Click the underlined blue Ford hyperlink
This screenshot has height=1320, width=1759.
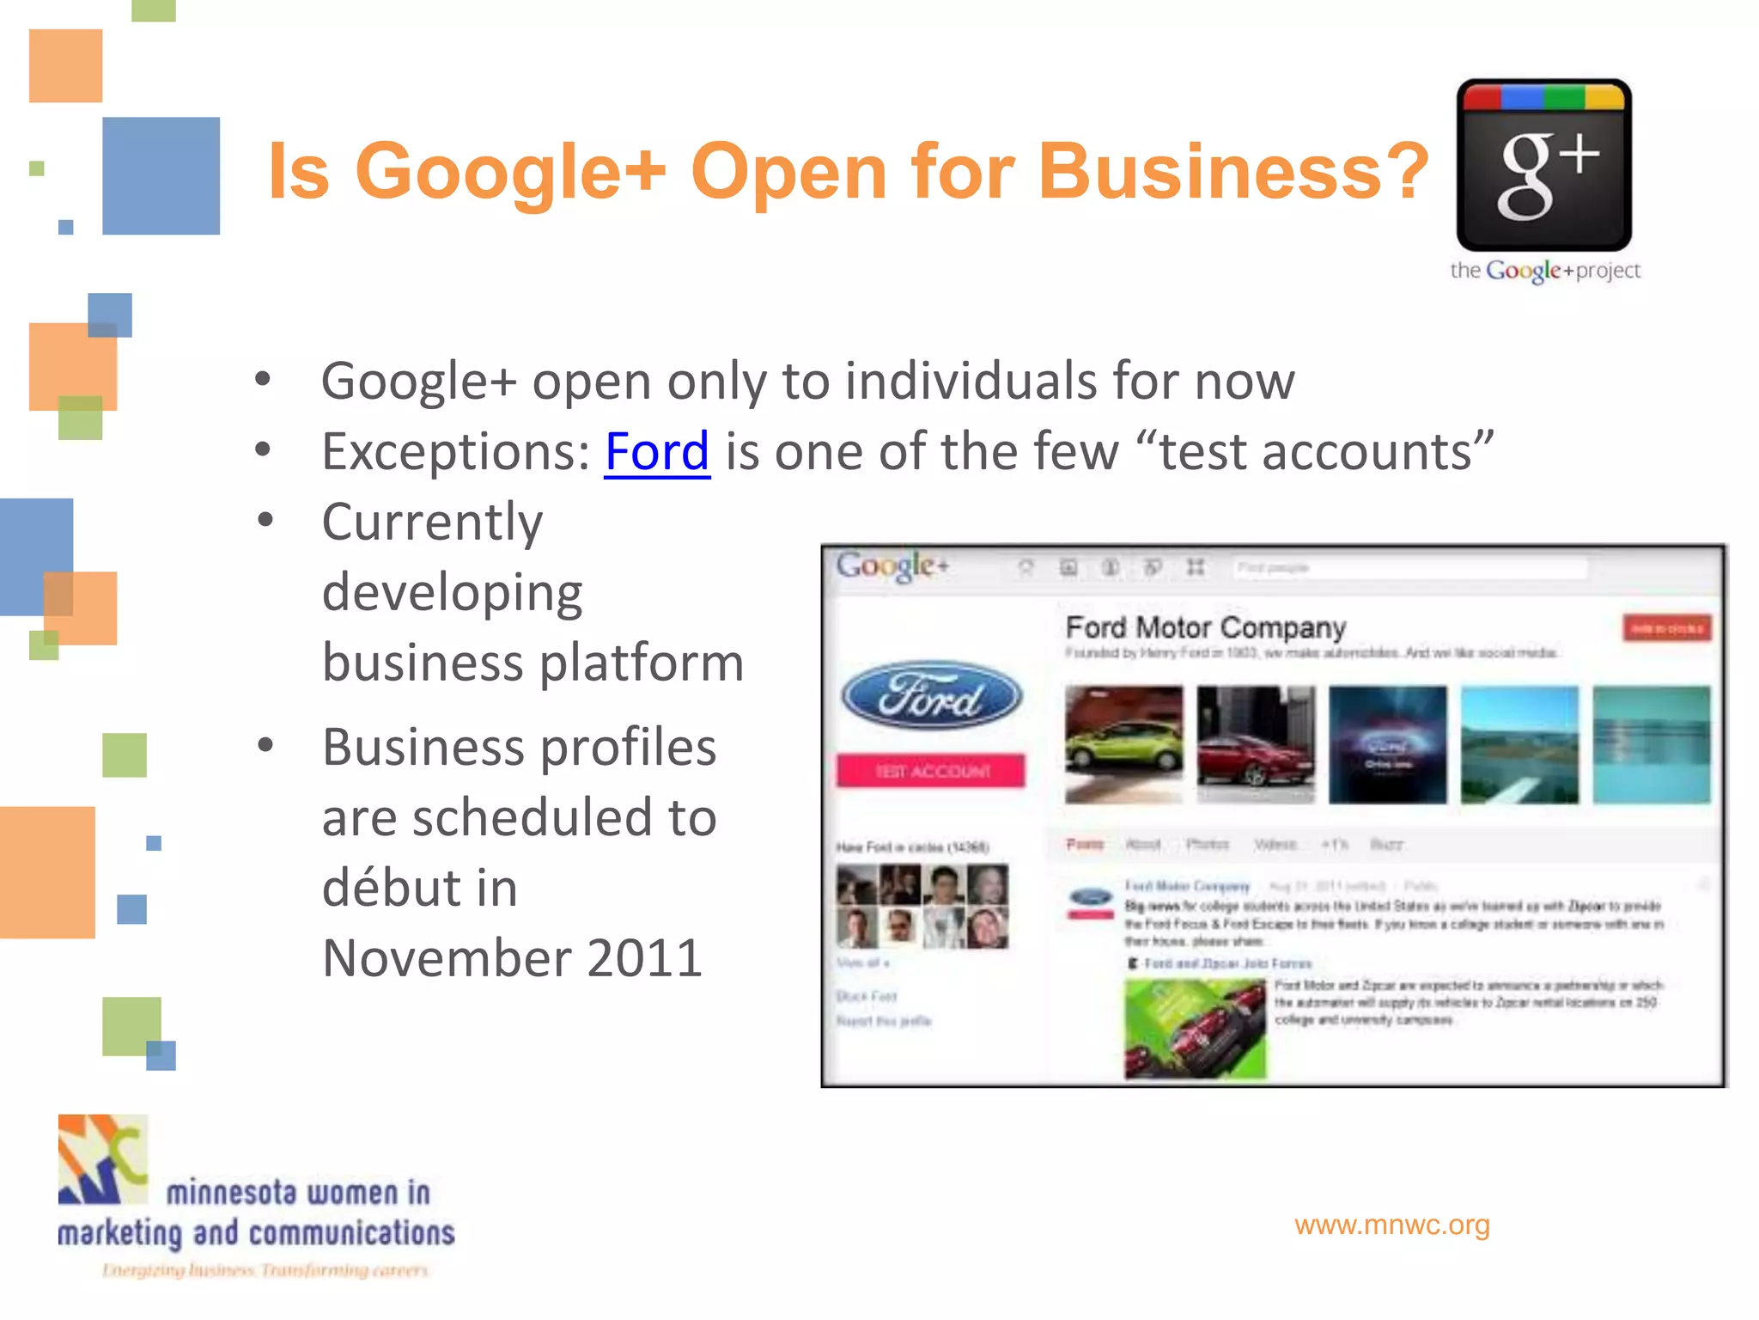point(657,451)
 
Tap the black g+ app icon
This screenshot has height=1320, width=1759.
point(1543,165)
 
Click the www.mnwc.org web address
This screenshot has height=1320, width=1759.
point(1391,1225)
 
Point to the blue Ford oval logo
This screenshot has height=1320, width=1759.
point(931,695)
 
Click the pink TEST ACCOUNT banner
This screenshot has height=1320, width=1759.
point(931,771)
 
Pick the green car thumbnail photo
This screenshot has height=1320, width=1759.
point(1123,744)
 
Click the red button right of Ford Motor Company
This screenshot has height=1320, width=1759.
point(1666,628)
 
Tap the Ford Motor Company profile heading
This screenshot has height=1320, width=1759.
point(1205,627)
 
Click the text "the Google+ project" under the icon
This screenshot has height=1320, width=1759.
point(1544,271)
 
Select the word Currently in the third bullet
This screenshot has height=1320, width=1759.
point(432,522)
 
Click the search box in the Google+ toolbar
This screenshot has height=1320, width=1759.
point(1409,567)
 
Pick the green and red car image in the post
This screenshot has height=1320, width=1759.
point(1195,1029)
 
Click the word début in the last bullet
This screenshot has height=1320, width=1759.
point(419,888)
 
